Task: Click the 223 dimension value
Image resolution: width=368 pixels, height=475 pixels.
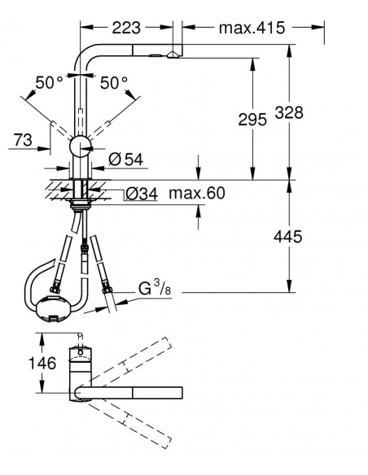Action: tap(126, 28)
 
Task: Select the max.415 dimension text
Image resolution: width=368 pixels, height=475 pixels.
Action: tap(252, 28)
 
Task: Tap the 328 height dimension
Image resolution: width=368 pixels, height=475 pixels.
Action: tap(289, 112)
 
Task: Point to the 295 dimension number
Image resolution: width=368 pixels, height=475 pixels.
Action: tap(252, 120)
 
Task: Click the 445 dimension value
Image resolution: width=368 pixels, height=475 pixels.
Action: tap(288, 237)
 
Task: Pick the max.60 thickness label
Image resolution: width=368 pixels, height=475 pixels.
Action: tap(197, 193)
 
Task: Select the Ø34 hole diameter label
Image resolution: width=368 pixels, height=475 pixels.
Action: tap(142, 194)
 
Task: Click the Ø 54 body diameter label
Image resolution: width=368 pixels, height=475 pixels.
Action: tap(126, 159)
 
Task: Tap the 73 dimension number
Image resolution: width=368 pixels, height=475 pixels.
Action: tap(23, 140)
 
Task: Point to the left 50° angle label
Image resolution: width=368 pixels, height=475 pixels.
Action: tap(49, 83)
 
